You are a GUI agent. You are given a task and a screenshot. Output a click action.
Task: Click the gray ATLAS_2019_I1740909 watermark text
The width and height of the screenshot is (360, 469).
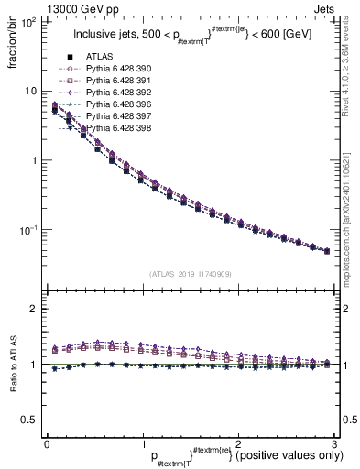tap(191, 274)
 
